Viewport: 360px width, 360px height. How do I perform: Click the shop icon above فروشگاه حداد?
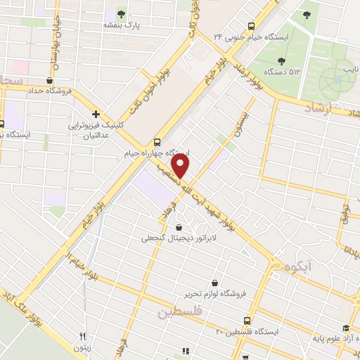point(49,80)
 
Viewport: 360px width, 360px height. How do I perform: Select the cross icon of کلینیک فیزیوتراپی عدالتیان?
point(96,114)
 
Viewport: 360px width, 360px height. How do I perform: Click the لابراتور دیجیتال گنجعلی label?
point(181,239)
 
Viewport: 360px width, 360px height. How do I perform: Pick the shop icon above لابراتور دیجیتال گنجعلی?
point(180,227)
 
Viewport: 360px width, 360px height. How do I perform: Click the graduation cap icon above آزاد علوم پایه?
point(345,328)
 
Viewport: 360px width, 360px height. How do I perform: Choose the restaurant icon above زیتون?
point(82,337)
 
